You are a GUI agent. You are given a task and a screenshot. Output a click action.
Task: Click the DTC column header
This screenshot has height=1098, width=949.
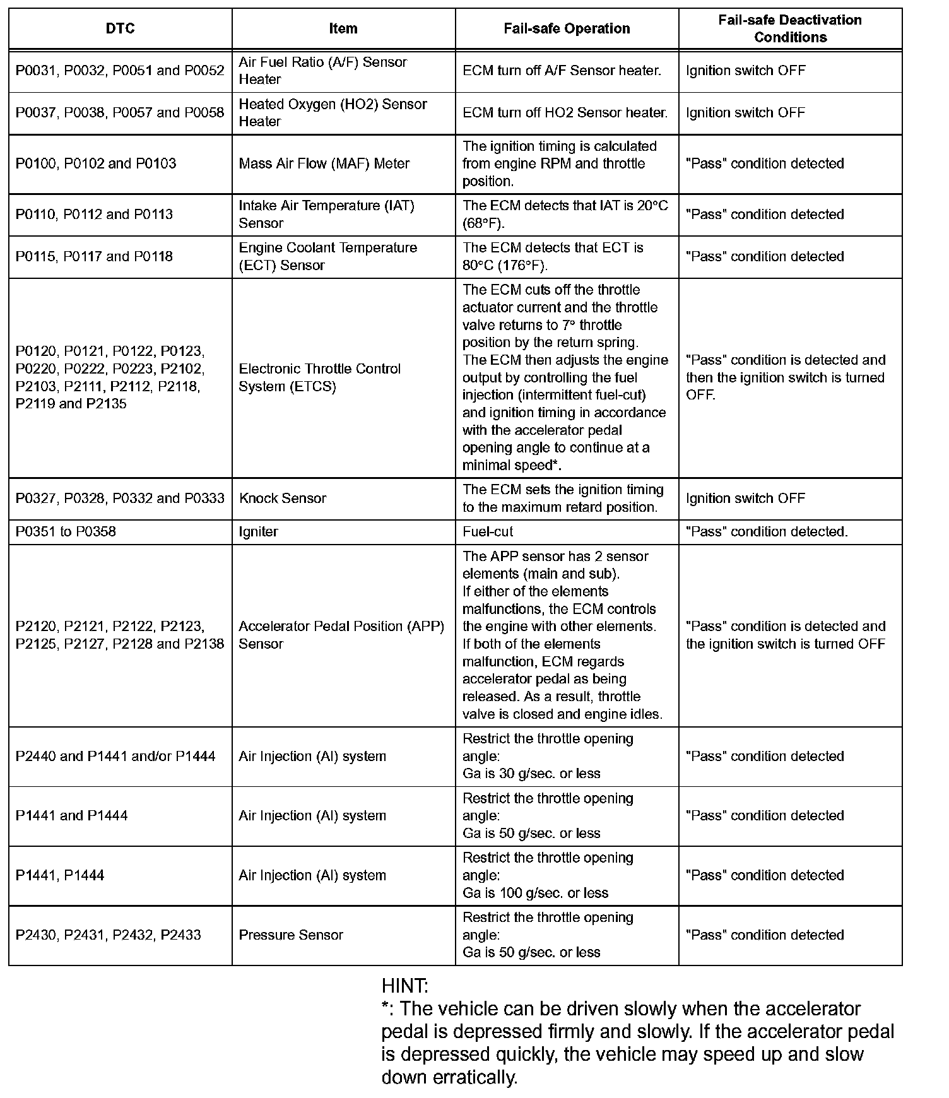click(x=120, y=28)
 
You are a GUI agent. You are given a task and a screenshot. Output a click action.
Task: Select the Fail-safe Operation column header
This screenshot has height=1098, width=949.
click(x=567, y=28)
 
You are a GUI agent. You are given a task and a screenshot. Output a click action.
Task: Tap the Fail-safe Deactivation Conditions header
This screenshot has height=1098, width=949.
click(x=790, y=28)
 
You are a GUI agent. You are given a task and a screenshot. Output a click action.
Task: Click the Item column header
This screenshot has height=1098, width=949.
click(x=343, y=28)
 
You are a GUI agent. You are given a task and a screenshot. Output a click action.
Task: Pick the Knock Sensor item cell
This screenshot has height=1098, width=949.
click(x=283, y=499)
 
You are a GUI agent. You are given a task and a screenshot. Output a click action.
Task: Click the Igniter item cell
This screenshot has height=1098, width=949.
click(x=259, y=532)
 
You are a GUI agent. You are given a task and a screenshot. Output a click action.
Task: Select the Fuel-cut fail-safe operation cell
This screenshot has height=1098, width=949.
click(x=488, y=532)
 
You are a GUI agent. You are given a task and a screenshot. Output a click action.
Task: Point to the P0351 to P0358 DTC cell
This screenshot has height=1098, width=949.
click(x=66, y=532)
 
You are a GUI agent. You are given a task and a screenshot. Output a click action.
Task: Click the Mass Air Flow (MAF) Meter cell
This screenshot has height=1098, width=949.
click(x=324, y=164)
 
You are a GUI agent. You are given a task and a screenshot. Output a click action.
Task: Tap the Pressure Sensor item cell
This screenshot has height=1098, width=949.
click(x=291, y=935)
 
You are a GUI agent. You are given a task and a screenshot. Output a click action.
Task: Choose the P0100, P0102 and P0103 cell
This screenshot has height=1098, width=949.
click(x=96, y=164)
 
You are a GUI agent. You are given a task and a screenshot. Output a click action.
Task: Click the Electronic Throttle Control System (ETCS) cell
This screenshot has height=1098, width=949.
click(x=319, y=377)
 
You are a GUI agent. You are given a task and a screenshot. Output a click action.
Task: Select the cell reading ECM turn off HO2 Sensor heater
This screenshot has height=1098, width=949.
click(x=565, y=113)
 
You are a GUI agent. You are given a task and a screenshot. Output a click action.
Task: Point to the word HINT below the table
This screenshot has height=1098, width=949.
click(x=404, y=986)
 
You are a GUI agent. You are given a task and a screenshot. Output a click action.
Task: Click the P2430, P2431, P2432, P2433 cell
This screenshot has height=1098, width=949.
click(x=109, y=935)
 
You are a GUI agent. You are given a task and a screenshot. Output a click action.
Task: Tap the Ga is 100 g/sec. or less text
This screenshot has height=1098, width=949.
click(x=535, y=893)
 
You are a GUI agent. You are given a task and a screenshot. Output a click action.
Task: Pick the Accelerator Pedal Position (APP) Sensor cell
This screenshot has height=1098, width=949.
click(x=341, y=635)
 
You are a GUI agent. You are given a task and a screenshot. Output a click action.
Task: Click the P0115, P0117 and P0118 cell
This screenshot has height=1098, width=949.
click(x=94, y=257)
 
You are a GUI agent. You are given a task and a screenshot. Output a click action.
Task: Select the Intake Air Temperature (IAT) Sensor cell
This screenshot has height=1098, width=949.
click(x=326, y=215)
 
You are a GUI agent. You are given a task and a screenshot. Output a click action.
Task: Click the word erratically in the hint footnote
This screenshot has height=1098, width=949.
click(x=474, y=1077)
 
